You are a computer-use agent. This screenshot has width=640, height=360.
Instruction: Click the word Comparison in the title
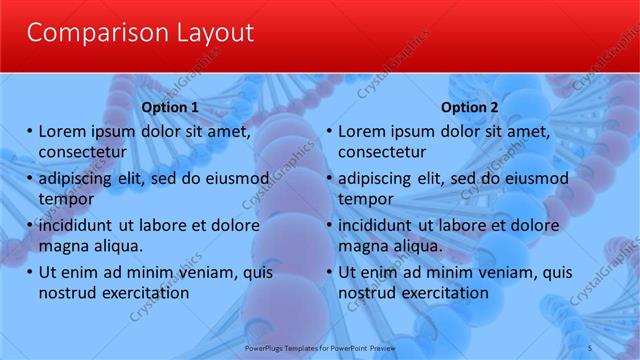tap(91, 33)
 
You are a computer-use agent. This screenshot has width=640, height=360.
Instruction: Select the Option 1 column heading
tap(170, 107)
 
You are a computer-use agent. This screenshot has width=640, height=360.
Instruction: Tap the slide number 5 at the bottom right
tap(590, 346)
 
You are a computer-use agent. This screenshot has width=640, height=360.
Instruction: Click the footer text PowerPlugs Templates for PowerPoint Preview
tap(320, 346)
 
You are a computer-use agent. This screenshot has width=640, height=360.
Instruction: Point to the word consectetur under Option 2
tap(382, 152)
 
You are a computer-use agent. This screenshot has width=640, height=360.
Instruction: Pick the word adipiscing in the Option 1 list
tap(79, 179)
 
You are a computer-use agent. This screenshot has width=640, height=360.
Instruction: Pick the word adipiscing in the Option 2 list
tap(379, 179)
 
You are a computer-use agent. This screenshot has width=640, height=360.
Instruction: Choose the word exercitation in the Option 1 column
tap(142, 293)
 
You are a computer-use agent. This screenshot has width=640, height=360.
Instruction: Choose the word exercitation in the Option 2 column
tap(442, 293)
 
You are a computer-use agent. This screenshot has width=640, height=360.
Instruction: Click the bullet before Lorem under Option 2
tap(329, 131)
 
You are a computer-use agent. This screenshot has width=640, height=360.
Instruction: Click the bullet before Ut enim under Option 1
tap(29, 272)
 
